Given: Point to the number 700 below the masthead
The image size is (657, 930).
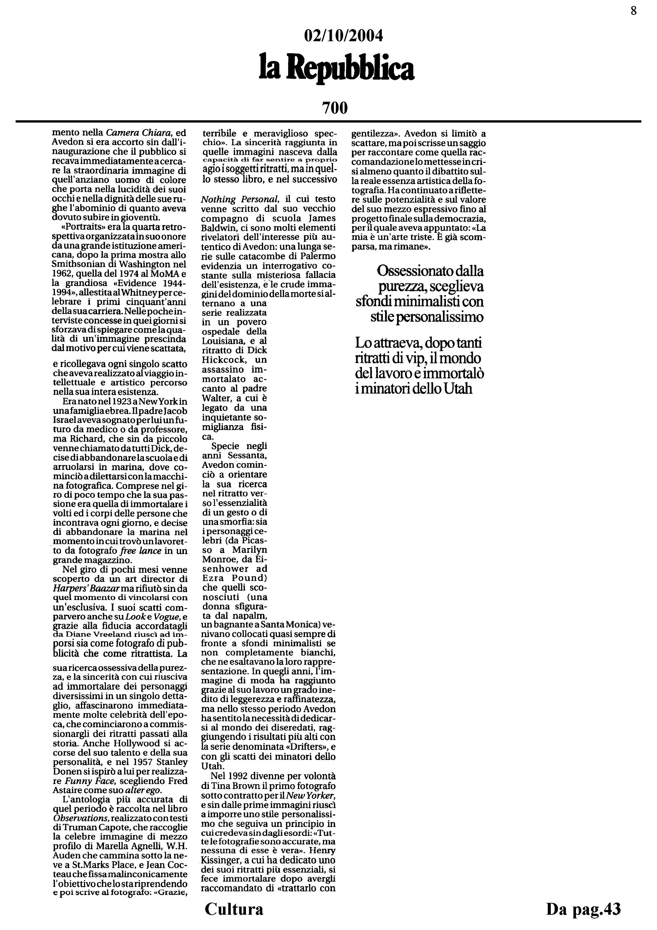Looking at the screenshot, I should point(335,108).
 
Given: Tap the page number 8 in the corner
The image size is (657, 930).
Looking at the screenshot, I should point(634,11).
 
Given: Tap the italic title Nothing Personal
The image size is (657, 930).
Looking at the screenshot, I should point(240,199).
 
